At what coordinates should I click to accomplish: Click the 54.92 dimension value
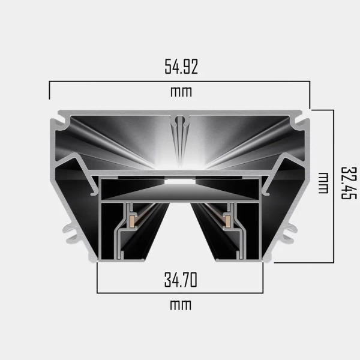point(181,67)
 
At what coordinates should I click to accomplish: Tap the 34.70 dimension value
point(181,280)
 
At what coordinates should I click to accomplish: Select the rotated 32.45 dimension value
point(349,183)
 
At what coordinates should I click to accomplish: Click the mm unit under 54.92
point(181,92)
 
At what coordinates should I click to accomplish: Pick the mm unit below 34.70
point(181,305)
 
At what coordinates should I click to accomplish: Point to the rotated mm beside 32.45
point(323,183)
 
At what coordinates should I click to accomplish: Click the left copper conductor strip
point(133,221)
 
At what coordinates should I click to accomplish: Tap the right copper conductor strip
point(228,221)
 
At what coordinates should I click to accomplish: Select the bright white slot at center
point(180,181)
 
